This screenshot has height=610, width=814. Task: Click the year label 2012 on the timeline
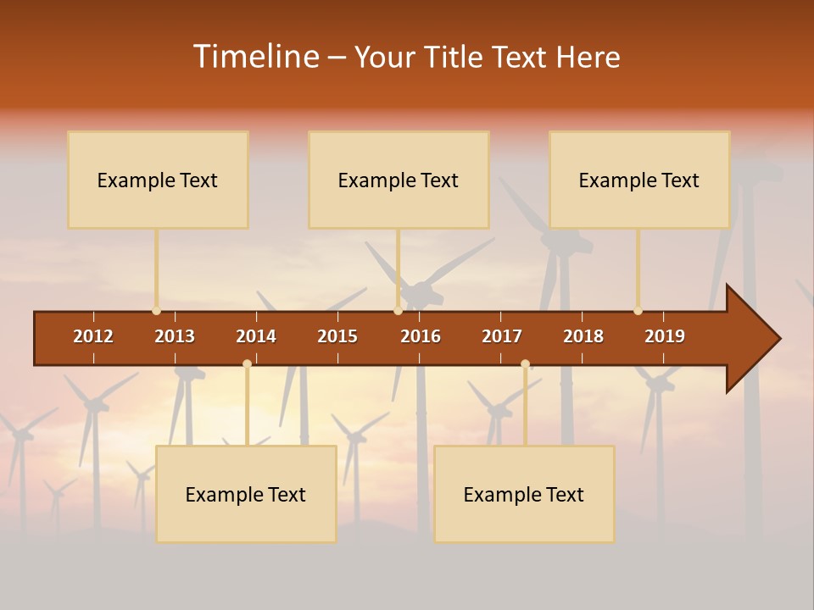[x=93, y=336]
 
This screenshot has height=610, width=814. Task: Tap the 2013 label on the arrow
[x=175, y=336]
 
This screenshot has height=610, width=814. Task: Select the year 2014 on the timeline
[x=256, y=336]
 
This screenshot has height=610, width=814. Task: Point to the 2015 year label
[x=337, y=336]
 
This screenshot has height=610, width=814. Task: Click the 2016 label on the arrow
[x=421, y=336]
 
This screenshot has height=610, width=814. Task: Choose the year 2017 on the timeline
[x=502, y=336]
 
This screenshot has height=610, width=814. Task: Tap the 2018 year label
[x=583, y=336]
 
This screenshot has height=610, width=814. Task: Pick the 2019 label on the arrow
[x=665, y=336]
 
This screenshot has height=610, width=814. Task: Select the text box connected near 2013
[x=158, y=180]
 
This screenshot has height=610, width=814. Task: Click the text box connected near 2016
[x=399, y=180]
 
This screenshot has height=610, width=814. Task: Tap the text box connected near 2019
[x=639, y=180]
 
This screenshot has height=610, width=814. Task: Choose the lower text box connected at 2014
[x=246, y=494]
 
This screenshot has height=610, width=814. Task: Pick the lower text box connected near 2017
[x=524, y=494]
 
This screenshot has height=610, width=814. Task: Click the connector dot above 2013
[x=156, y=311]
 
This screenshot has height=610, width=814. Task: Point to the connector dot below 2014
[x=247, y=364]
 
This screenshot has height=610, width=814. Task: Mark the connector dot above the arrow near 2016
[x=398, y=311]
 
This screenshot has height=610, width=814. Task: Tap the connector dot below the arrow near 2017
[x=525, y=364]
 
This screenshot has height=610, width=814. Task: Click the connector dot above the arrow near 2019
[x=638, y=311]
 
